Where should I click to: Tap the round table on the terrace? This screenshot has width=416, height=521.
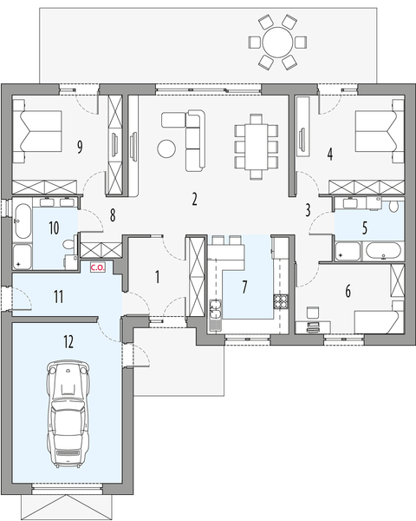(277, 41)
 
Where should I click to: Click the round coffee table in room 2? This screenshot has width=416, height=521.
(166, 148)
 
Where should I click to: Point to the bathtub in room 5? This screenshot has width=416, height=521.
(382, 253)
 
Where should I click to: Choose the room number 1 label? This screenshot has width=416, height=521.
(157, 278)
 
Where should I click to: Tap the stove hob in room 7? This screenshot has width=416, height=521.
(282, 303)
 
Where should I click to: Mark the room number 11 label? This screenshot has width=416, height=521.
(57, 297)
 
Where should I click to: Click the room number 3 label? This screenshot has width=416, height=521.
(308, 209)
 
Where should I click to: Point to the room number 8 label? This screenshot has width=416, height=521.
(111, 213)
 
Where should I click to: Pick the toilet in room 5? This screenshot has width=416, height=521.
(393, 208)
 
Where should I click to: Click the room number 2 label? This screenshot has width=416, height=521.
(195, 200)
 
